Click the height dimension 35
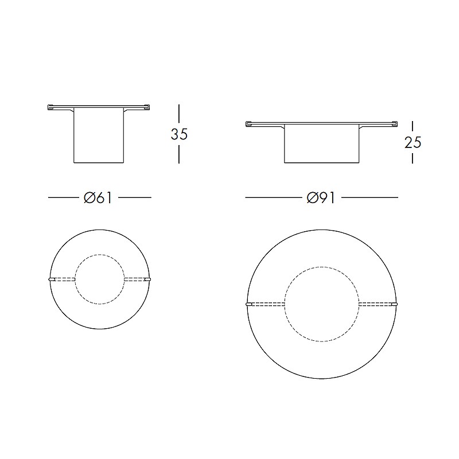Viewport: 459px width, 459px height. (x=179, y=134)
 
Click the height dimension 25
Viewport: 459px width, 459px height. (x=413, y=142)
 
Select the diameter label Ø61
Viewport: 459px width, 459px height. (x=98, y=198)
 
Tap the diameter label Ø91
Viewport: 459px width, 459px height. (x=321, y=198)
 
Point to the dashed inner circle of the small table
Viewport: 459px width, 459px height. (x=99, y=254)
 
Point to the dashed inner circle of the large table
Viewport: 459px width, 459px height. (x=322, y=267)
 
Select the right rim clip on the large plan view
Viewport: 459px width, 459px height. (x=394, y=304)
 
